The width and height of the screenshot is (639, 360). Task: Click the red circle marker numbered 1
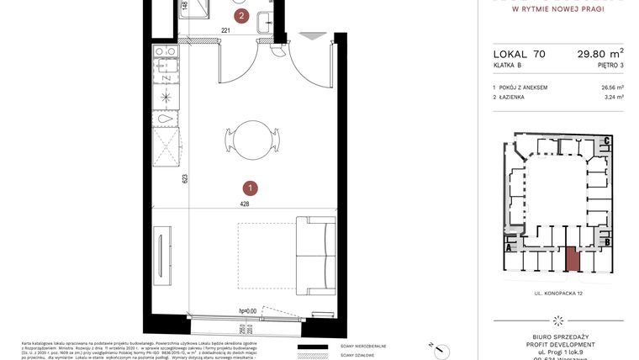pyautogui.click(x=251, y=188)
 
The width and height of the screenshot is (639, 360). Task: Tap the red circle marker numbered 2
pyautogui.click(x=242, y=15)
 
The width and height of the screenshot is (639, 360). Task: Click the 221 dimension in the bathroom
pyautogui.click(x=225, y=31)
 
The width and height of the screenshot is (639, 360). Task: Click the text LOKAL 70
pyautogui.click(x=519, y=54)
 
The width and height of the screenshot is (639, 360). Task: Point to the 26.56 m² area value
pyautogui.click(x=612, y=87)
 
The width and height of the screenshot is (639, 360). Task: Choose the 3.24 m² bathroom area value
pyautogui.click(x=615, y=98)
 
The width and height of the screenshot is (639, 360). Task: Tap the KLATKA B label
pyautogui.click(x=507, y=65)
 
